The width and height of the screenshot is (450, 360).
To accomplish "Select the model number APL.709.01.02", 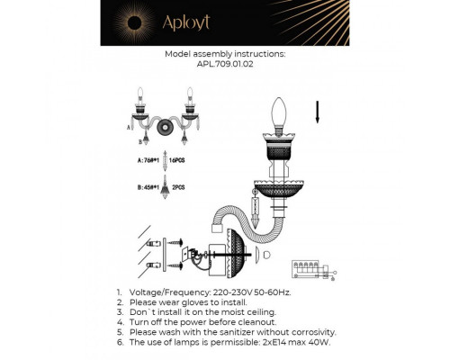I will click(225, 64).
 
